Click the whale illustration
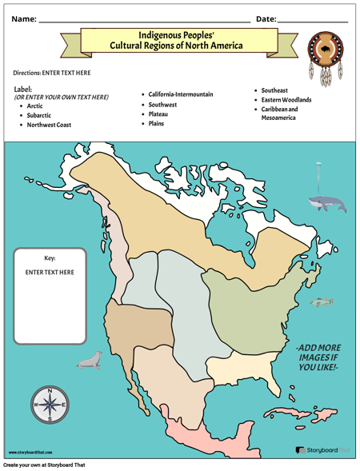[x=327, y=204]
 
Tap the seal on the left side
[x=89, y=361]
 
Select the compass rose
[x=50, y=404]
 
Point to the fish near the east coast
[x=322, y=301]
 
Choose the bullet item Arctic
[x=35, y=106]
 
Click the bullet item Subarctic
[x=40, y=115]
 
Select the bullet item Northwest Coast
[x=49, y=125]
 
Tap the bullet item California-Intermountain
[x=181, y=94]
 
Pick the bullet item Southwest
[x=164, y=105]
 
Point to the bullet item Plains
[x=158, y=124]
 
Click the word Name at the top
[x=23, y=18]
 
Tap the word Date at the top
[x=266, y=18]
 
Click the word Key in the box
[x=50, y=258]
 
